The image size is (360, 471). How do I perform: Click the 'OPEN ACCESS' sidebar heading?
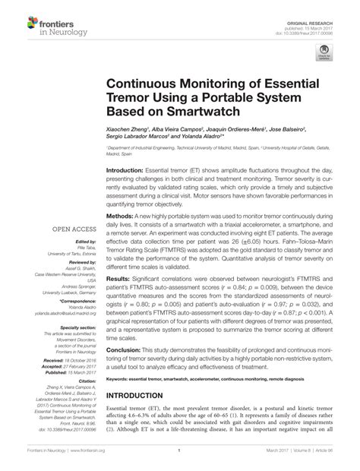[73, 228]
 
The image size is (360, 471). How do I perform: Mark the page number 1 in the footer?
[180, 460]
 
